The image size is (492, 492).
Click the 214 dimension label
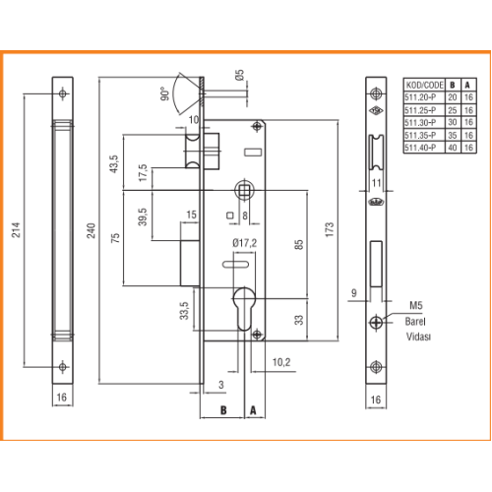coord(16,230)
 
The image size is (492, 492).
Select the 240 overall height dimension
coord(91,230)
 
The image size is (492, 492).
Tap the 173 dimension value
coord(330,229)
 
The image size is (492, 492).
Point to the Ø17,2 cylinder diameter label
coord(244,243)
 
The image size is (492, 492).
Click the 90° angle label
coord(165,93)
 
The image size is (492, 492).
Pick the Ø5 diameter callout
coord(240,75)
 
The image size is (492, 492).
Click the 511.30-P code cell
coord(420,122)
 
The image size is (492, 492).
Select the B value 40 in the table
coord(453,148)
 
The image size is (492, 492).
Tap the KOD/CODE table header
coord(424,86)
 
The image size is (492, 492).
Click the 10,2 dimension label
coord(281,362)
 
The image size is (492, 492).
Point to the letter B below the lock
coord(223,410)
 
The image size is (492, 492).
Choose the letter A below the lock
coord(253,410)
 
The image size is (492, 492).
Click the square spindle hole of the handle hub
coord(245,190)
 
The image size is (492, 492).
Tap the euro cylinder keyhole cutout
coord(244,309)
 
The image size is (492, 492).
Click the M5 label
coord(416,306)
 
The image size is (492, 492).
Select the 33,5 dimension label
coord(184,311)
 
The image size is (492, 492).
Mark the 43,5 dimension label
coord(113,163)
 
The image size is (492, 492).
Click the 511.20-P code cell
coord(420,97)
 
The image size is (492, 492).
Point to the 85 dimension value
coord(298,245)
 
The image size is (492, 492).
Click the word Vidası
coord(418,337)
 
